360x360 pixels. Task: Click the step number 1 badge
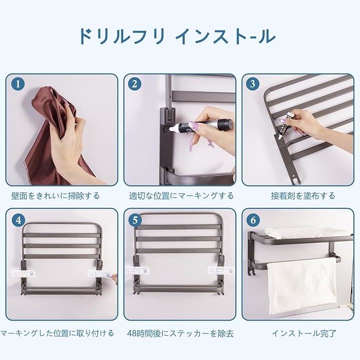(x=18, y=84)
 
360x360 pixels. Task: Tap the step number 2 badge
(x=135, y=84)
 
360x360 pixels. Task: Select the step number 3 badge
(x=253, y=84)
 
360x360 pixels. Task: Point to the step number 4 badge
(x=18, y=220)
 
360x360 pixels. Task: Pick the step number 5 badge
(x=135, y=220)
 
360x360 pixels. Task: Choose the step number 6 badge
(x=253, y=220)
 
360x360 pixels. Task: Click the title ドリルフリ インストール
(x=177, y=36)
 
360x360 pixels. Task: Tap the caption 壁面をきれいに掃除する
(x=55, y=196)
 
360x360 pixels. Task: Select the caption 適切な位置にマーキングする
(x=181, y=196)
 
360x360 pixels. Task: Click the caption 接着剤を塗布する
(x=303, y=196)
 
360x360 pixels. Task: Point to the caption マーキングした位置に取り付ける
(x=57, y=333)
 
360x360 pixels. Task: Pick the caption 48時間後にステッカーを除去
(x=180, y=333)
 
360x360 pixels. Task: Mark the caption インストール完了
(x=304, y=333)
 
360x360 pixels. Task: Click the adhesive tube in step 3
(x=283, y=125)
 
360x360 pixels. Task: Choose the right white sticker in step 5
(x=220, y=270)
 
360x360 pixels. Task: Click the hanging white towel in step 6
(x=301, y=286)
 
